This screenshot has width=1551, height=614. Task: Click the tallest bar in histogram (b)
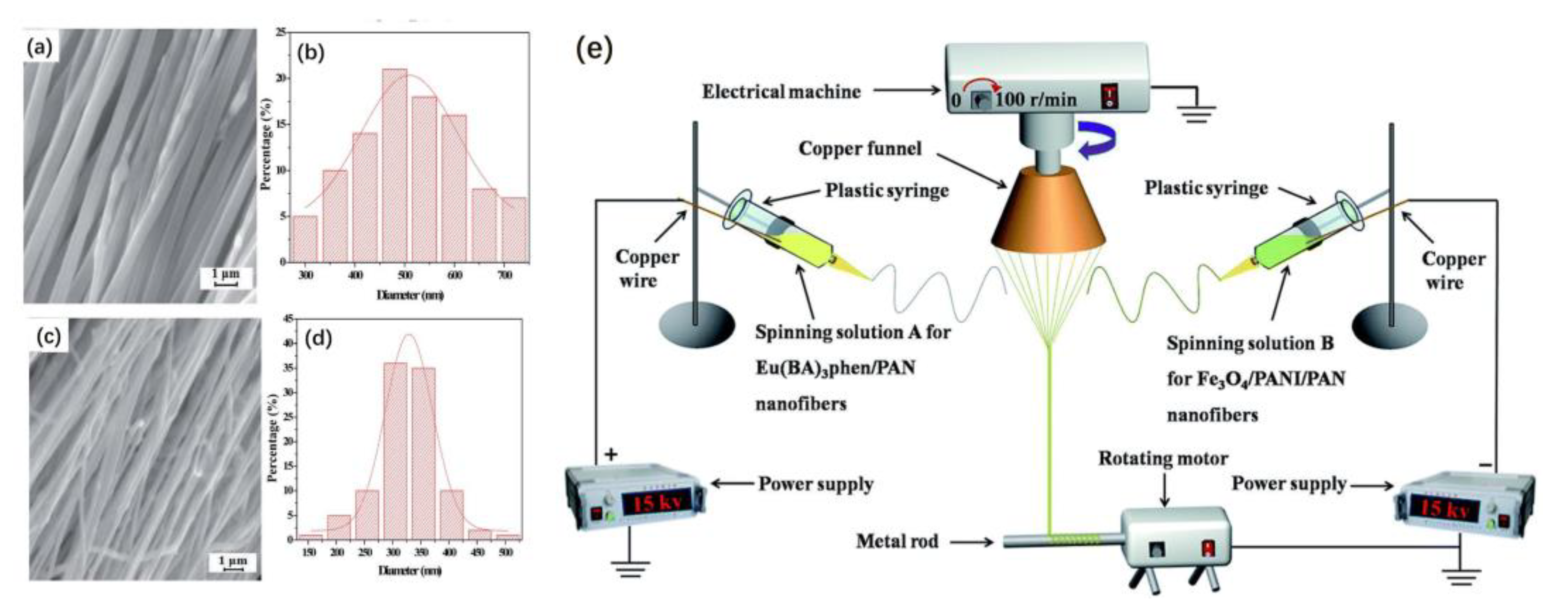point(395,166)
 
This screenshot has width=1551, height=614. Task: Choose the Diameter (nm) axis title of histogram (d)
point(409,571)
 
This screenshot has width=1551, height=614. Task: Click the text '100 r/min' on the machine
point(1036,99)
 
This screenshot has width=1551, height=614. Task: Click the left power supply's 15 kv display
point(653,502)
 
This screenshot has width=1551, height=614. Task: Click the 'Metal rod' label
point(897,542)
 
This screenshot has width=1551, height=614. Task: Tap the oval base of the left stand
point(696,326)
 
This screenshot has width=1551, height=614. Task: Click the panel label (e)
point(594,50)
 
